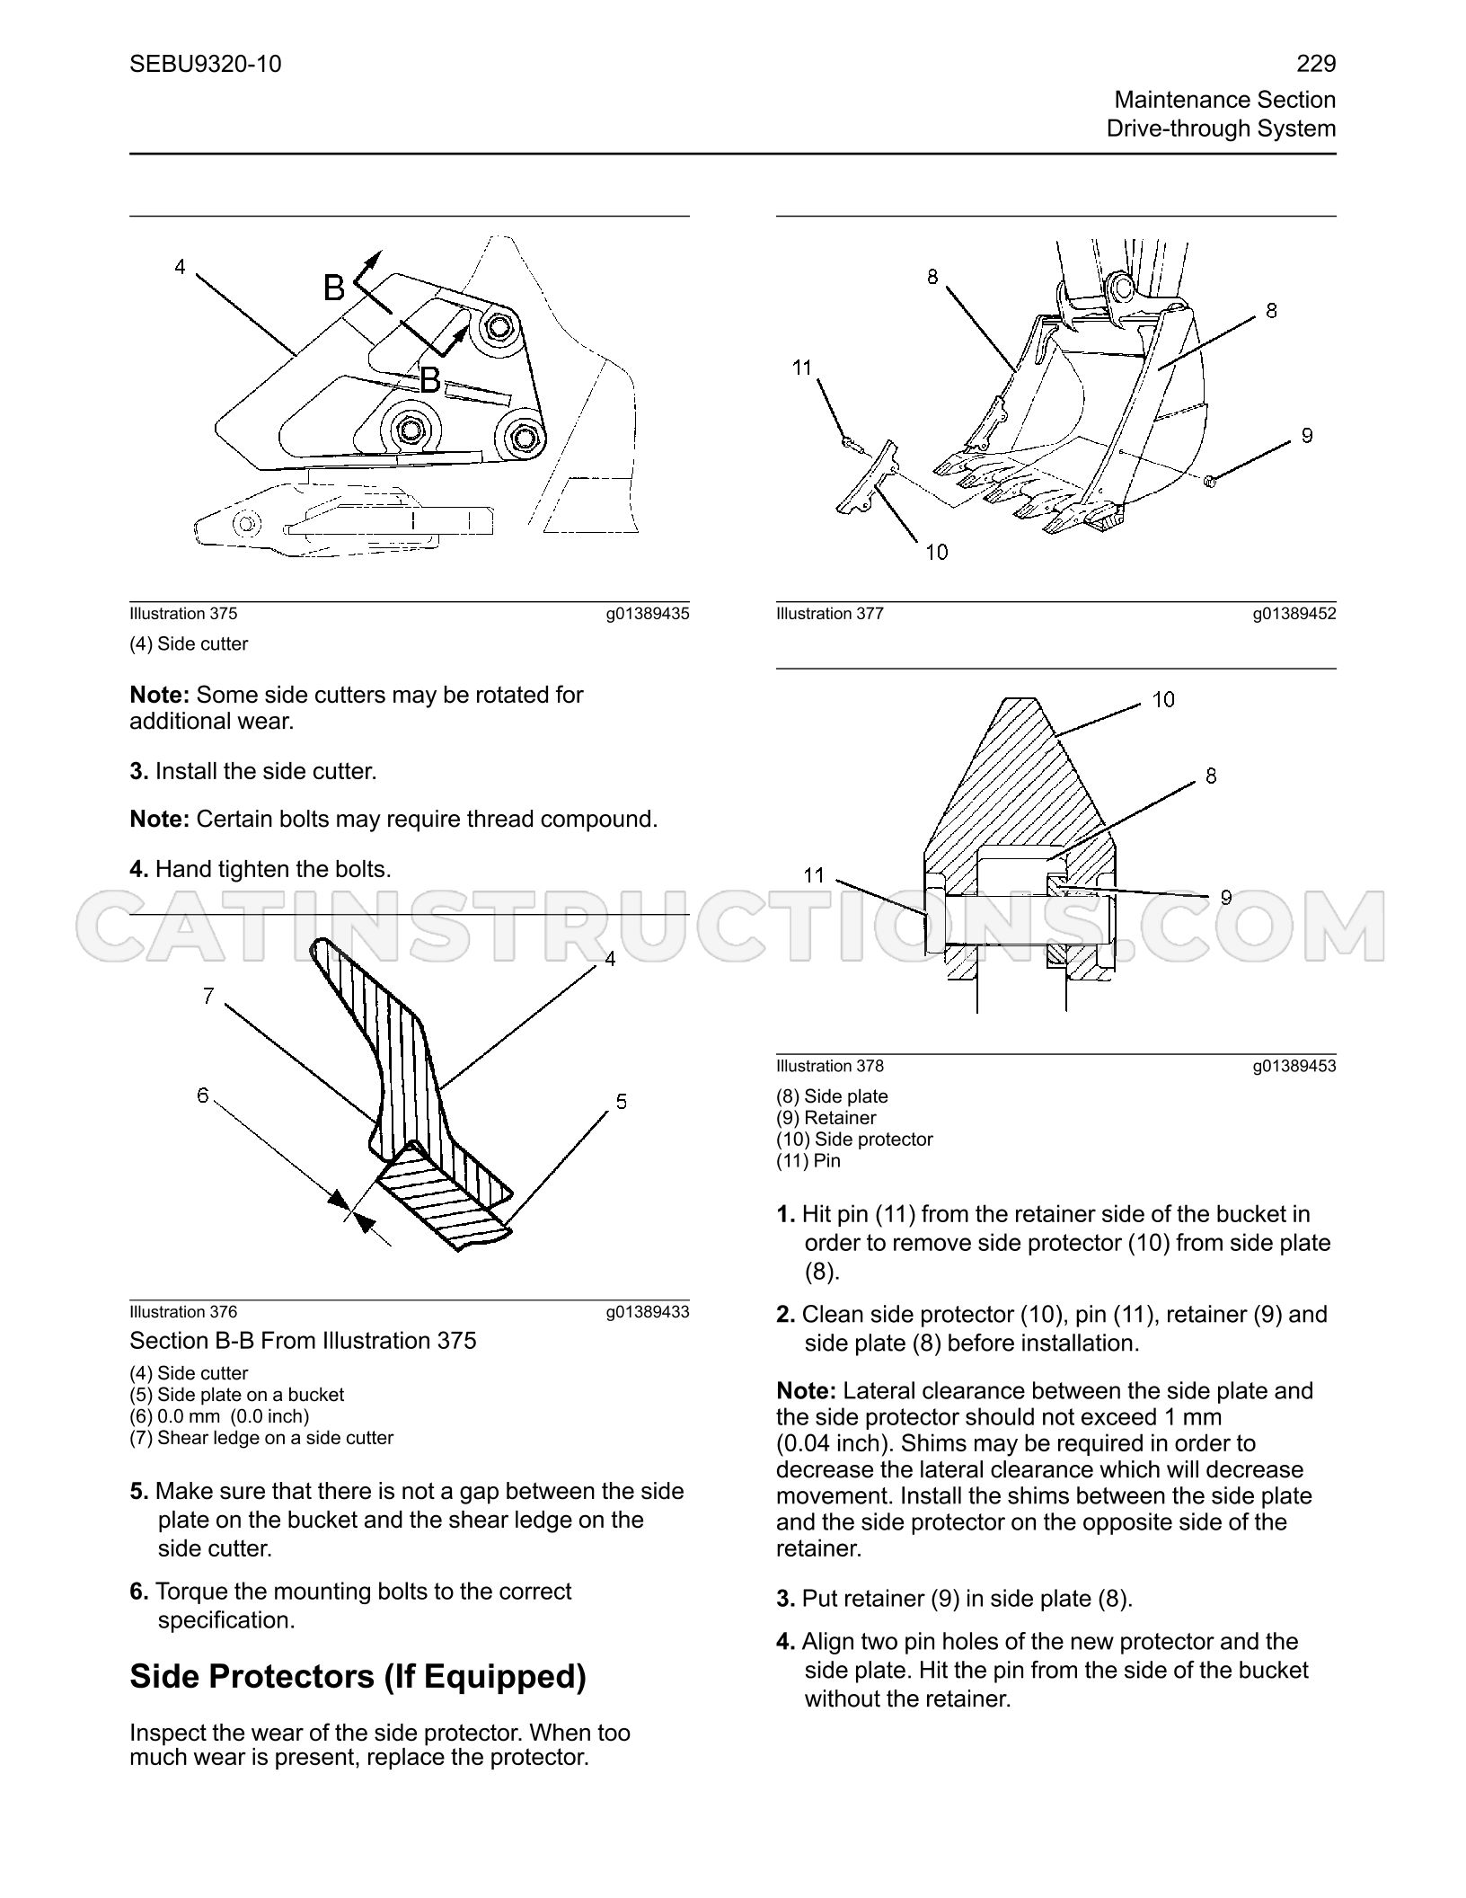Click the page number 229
tap(1316, 64)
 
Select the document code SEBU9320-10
tap(206, 64)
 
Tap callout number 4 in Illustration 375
tap(180, 267)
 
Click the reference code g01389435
tap(648, 614)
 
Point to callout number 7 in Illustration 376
tap(208, 996)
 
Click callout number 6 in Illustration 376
tap(203, 1095)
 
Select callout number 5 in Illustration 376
tap(622, 1102)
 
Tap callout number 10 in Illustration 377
tap(937, 553)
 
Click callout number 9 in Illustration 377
tap(1307, 435)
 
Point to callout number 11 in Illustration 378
tap(814, 875)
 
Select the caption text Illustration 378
tap(830, 1066)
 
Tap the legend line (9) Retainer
tap(826, 1118)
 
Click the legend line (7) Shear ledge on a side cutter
tap(261, 1438)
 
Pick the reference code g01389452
tap(1294, 614)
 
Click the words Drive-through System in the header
tap(1221, 129)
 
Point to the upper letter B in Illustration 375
tap(334, 288)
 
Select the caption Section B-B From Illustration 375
tap(303, 1341)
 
